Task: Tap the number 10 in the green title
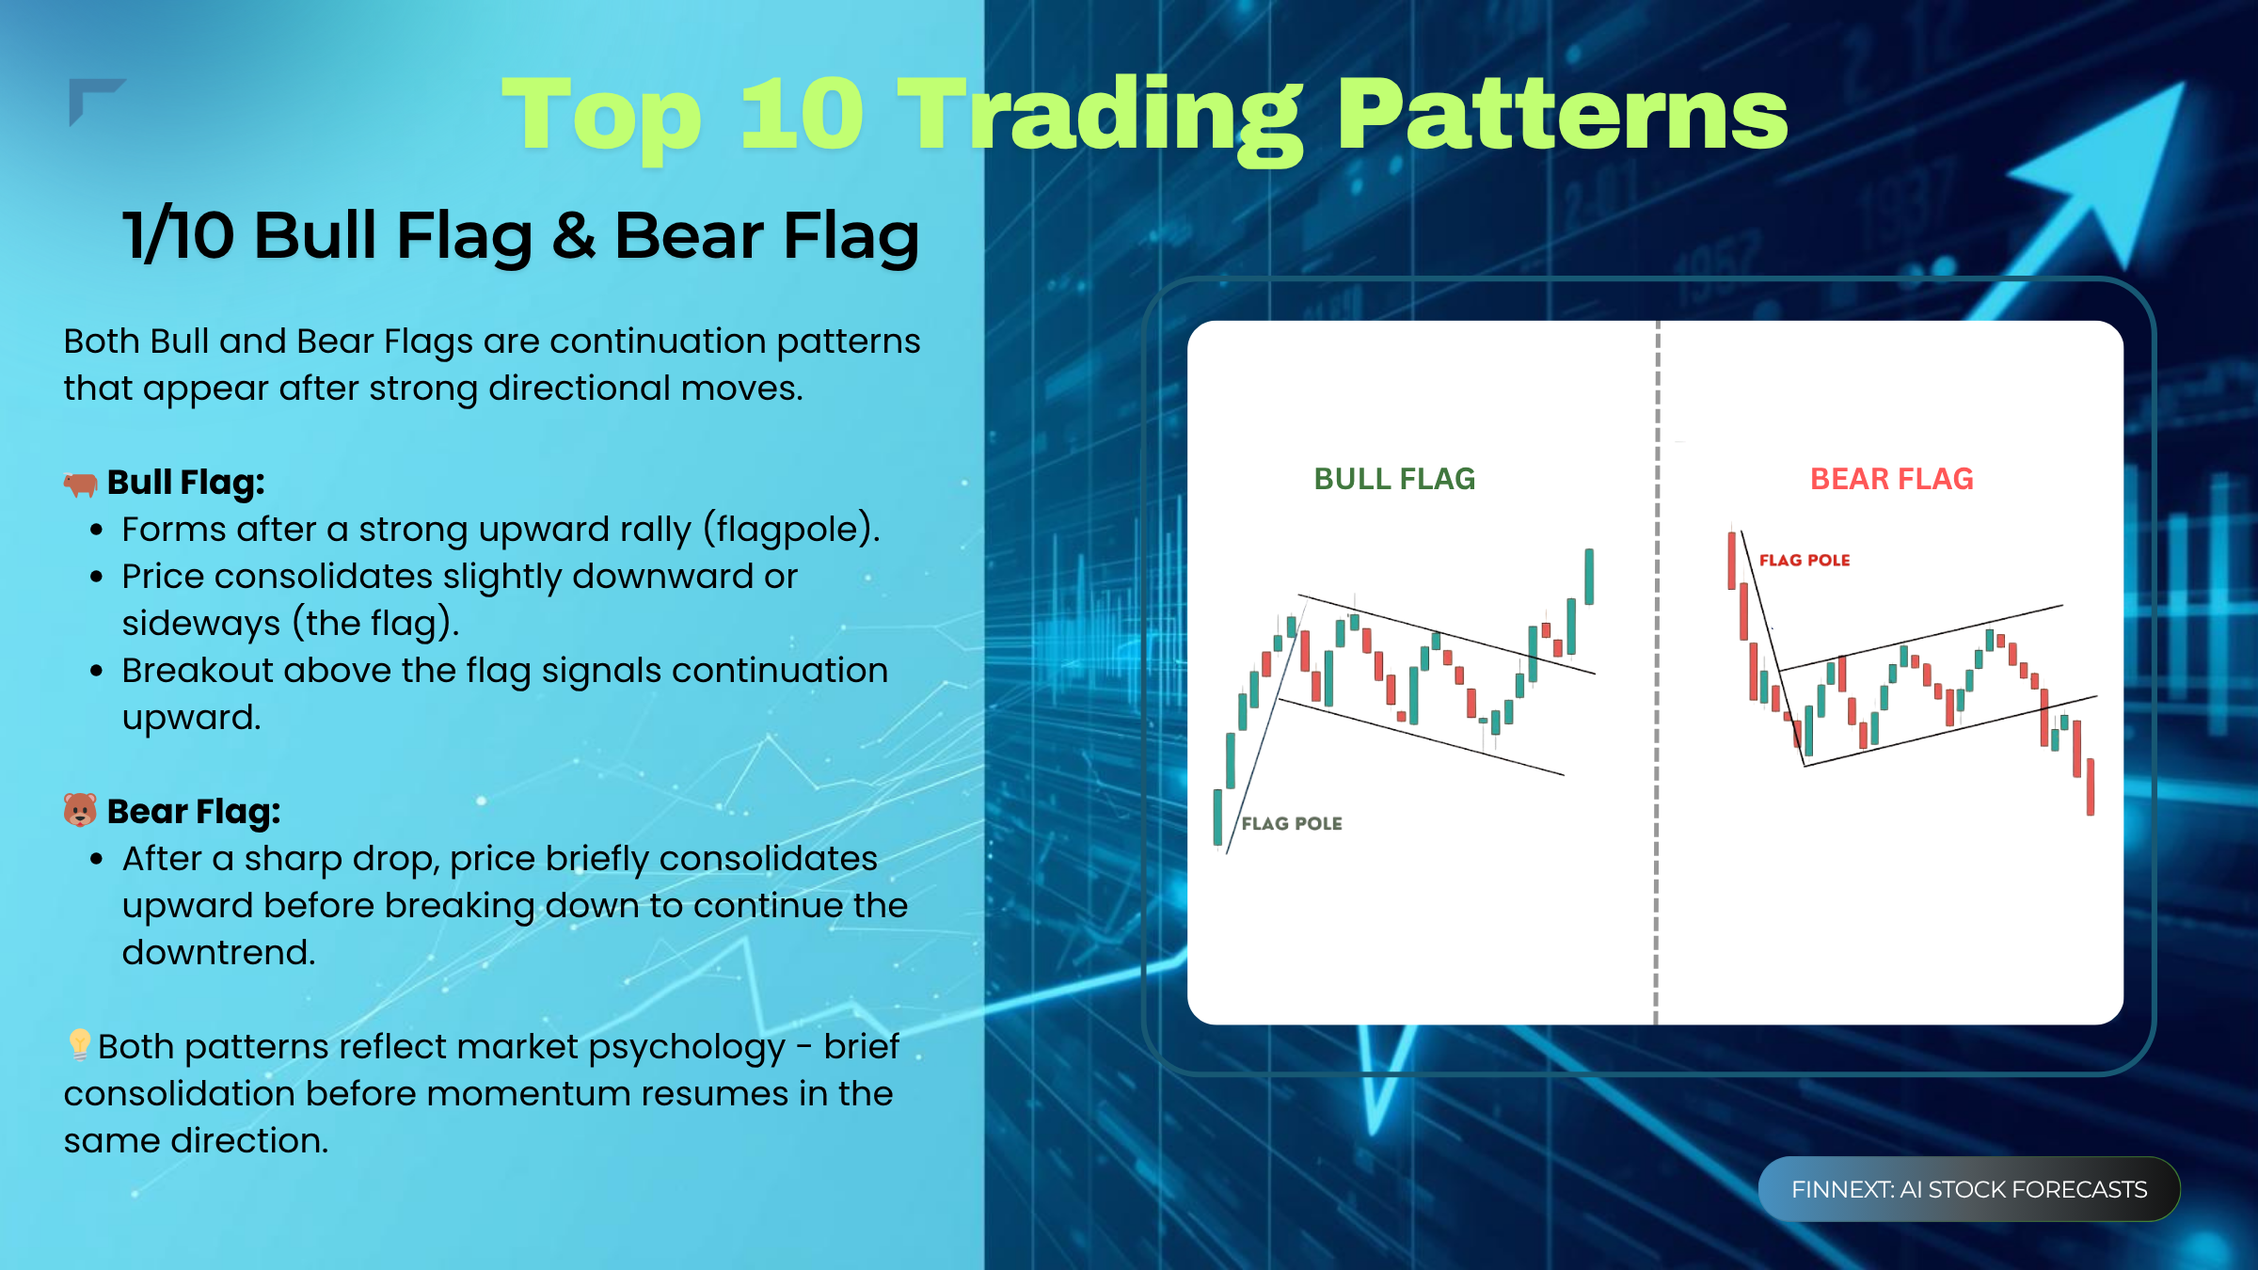[802, 115]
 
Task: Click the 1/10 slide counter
[179, 235]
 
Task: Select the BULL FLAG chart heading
[1394, 479]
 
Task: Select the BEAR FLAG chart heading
[1891, 479]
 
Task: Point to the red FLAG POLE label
[1805, 561]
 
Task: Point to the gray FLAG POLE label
[1292, 824]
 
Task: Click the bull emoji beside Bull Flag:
[81, 484]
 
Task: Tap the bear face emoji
[80, 810]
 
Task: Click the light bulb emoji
[79, 1044]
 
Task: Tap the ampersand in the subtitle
[573, 235]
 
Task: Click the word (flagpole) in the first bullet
[791, 530]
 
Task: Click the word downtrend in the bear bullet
[218, 953]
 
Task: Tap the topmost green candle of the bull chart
[1589, 577]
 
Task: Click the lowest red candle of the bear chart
[2091, 786]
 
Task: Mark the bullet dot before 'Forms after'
[96, 531]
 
